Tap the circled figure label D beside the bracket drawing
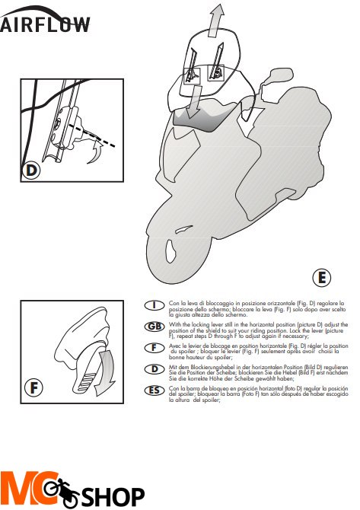(31, 169)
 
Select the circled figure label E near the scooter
(321, 277)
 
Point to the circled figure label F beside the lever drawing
(31, 387)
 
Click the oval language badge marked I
(155, 305)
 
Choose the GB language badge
(155, 327)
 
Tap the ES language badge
(155, 390)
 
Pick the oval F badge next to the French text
(155, 348)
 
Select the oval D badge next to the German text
(155, 369)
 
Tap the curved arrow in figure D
(96, 155)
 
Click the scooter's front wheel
(176, 255)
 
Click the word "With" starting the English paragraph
(177, 324)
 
